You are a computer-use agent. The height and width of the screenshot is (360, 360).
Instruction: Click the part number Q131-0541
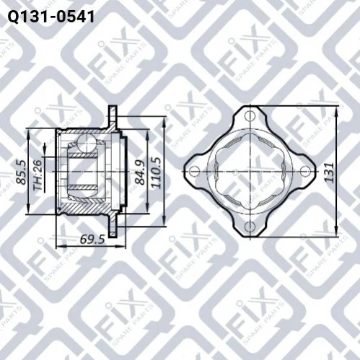[51, 17]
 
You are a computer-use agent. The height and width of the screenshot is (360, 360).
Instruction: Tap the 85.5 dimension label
[22, 172]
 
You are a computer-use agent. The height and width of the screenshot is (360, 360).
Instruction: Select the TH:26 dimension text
[38, 175]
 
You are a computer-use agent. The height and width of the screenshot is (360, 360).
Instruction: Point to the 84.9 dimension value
[139, 172]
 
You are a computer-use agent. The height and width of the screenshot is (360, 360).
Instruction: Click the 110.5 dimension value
[156, 172]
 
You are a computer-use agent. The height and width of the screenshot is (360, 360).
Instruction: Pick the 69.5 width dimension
[92, 239]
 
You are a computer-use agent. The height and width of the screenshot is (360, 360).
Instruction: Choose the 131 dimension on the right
[328, 172]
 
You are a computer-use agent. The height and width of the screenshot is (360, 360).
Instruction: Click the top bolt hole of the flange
[250, 116]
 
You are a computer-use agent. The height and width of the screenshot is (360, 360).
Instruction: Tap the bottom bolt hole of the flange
[250, 227]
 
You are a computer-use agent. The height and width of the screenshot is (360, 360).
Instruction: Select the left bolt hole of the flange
[195, 171]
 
